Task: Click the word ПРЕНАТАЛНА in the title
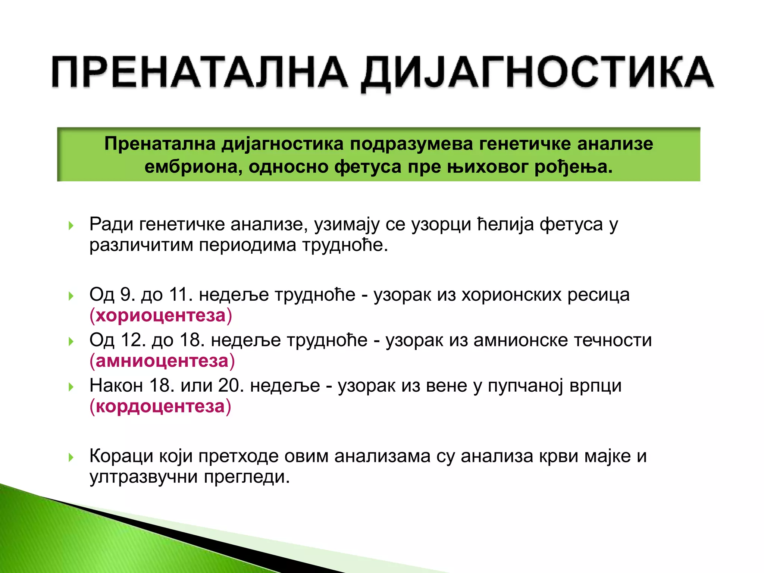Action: [199, 72]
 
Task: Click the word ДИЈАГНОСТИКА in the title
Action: [537, 72]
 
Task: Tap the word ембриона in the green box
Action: [191, 167]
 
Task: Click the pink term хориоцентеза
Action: [161, 316]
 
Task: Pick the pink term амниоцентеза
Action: [162, 361]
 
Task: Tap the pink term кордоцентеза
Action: [160, 406]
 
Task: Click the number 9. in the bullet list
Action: [128, 295]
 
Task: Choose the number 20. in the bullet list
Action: [231, 385]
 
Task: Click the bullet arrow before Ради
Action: [71, 225]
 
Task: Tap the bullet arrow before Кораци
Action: [71, 457]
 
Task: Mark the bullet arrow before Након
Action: [71, 386]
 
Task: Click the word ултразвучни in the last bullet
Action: [144, 477]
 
